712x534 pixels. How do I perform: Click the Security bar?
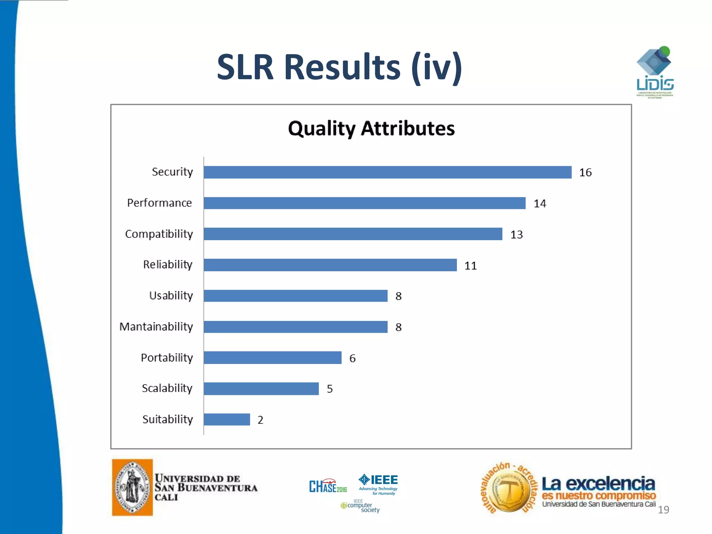(x=387, y=172)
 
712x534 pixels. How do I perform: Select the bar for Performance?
(x=364, y=203)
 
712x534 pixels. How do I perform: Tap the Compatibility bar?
(x=353, y=234)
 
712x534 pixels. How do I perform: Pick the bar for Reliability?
(x=330, y=265)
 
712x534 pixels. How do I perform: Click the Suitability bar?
(x=227, y=419)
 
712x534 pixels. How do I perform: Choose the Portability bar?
(x=273, y=358)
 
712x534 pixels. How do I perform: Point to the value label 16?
(x=585, y=172)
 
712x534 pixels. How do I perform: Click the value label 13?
(x=516, y=235)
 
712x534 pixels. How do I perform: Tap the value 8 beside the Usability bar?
(x=398, y=296)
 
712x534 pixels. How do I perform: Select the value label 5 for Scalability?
(x=330, y=389)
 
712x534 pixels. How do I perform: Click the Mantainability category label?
(x=156, y=327)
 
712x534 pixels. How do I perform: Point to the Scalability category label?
(x=167, y=388)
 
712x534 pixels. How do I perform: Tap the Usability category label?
(x=171, y=296)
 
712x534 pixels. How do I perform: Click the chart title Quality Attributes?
(x=371, y=129)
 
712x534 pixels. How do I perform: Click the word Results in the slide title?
(x=342, y=67)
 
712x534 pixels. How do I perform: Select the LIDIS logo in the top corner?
(x=655, y=73)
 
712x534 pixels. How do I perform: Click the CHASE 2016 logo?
(x=328, y=486)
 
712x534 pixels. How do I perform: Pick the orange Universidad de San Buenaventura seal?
(x=132, y=487)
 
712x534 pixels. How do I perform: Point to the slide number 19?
(x=663, y=510)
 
